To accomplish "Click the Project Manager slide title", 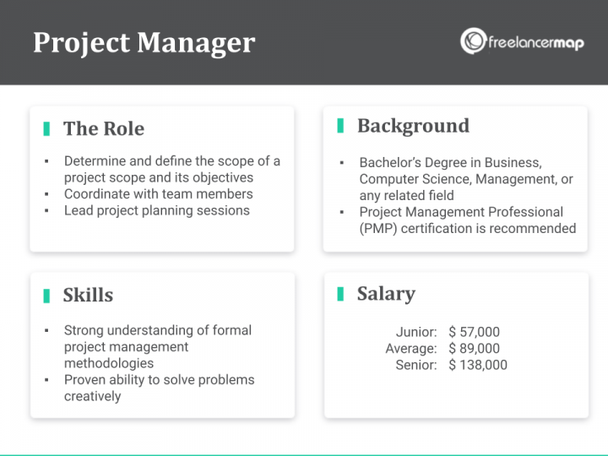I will coord(144,42).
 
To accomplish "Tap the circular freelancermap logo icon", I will coord(473,41).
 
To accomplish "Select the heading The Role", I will coord(104,128).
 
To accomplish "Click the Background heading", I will coord(413,126).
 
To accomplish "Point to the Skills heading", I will coord(88,295).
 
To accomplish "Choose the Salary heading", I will coord(386,293).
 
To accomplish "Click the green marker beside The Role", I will coord(46,128).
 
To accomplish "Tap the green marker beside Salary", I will coord(340,293).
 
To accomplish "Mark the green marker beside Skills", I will coord(46,295).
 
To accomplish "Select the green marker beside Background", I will coord(340,126).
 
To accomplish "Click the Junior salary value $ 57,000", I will coord(475,332).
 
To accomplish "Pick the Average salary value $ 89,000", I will coord(475,348).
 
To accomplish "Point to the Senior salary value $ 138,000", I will coord(478,365).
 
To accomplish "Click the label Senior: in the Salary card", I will coord(416,365).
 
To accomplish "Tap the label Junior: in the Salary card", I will coord(416,332).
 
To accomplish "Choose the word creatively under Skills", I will coord(93,396).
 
